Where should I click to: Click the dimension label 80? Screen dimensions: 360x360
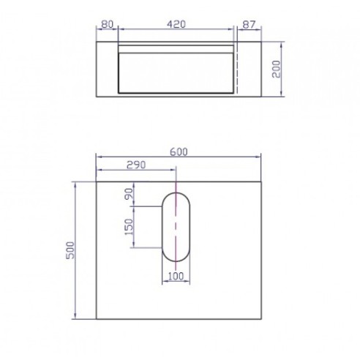pyautogui.click(x=107, y=24)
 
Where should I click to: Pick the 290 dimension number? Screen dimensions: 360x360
pyautogui.click(x=137, y=164)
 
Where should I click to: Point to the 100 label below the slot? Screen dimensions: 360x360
pyautogui.click(x=175, y=276)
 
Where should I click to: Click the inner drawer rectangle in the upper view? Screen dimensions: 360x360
pyautogui.click(x=176, y=73)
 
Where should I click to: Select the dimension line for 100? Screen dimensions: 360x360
pyautogui.click(x=175, y=282)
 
